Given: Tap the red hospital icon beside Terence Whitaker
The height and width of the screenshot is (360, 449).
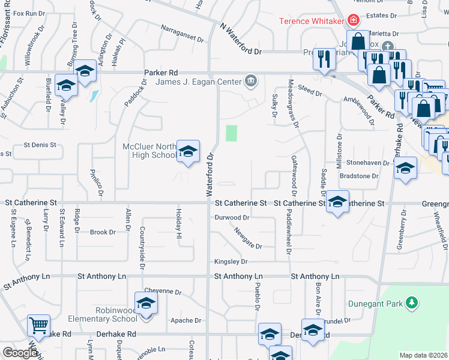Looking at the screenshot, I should (354, 21).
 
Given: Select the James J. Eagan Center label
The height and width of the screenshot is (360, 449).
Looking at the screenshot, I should (199, 82).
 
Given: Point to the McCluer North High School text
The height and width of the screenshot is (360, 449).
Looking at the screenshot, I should (149, 151).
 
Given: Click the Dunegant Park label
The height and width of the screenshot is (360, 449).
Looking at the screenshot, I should (376, 304).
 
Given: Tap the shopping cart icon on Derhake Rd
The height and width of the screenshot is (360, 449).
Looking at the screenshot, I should (39, 326).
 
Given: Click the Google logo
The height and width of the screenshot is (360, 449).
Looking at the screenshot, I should (20, 352).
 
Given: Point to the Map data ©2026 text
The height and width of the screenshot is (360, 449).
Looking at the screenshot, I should (423, 355).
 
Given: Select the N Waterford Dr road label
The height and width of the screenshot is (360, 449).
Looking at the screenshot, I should (242, 40).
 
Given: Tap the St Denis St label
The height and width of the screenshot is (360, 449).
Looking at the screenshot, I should (40, 145).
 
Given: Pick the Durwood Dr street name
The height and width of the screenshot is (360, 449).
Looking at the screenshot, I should (232, 218).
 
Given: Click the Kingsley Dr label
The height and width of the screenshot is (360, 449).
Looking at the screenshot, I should (231, 262).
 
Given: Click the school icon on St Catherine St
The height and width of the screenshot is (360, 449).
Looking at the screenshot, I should (337, 202).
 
